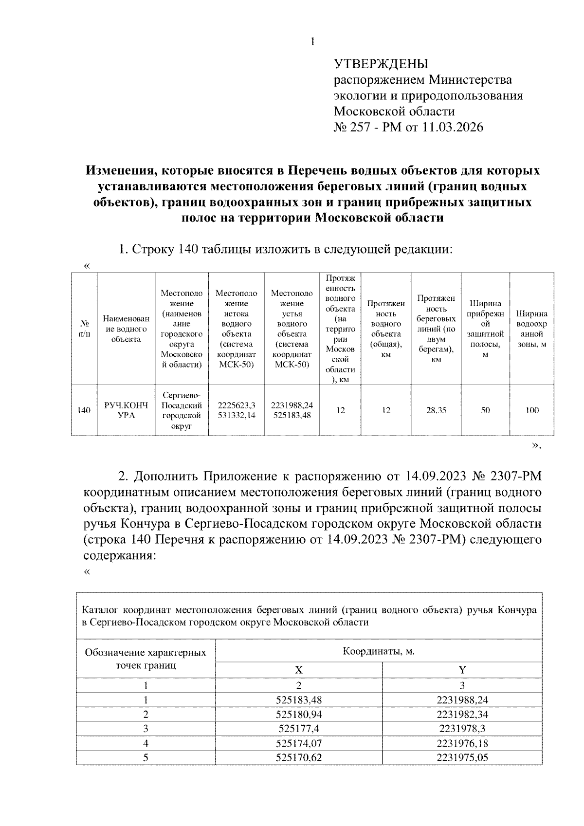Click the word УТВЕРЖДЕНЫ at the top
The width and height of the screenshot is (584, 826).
(381, 64)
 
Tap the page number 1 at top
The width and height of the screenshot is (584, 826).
(312, 42)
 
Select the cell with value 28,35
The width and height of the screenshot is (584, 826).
(436, 410)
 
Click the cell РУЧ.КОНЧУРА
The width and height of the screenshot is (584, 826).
(126, 410)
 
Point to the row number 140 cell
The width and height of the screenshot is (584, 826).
(84, 410)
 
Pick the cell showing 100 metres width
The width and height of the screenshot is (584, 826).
(532, 410)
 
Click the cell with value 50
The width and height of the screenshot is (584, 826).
(485, 410)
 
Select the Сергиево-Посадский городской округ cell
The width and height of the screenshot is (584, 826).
(182, 410)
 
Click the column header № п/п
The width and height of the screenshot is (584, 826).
(84, 329)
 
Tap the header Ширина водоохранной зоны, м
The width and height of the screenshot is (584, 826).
(532, 329)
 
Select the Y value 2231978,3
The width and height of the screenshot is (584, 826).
(462, 729)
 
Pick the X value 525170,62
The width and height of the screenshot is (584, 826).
(299, 757)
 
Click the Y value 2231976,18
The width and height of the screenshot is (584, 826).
(462, 743)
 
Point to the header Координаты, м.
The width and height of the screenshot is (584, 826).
(379, 651)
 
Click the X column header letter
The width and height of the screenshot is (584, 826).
(299, 670)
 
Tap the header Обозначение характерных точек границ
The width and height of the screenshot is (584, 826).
(146, 659)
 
